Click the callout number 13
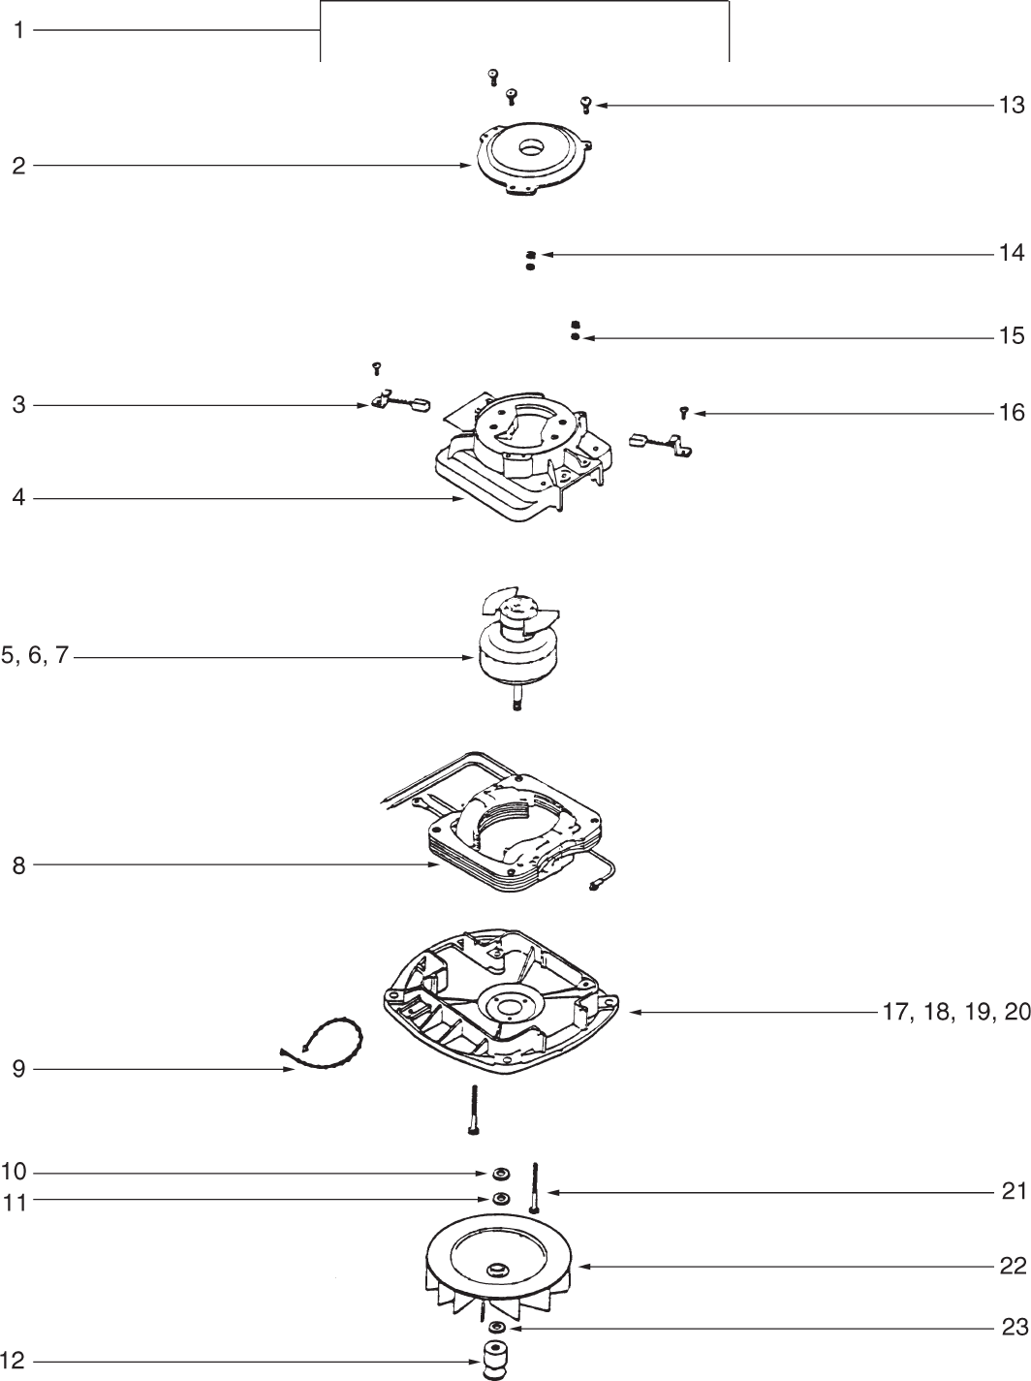[x=1011, y=105]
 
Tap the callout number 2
[x=18, y=166]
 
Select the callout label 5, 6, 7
[x=35, y=656]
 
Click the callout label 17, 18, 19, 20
[x=955, y=1013]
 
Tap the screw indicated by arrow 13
[x=585, y=104]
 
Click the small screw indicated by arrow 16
[x=683, y=413]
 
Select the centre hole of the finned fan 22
[x=499, y=1269]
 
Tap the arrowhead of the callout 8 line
[x=436, y=865]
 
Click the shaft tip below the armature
[x=516, y=705]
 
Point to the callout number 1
[x=18, y=31]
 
